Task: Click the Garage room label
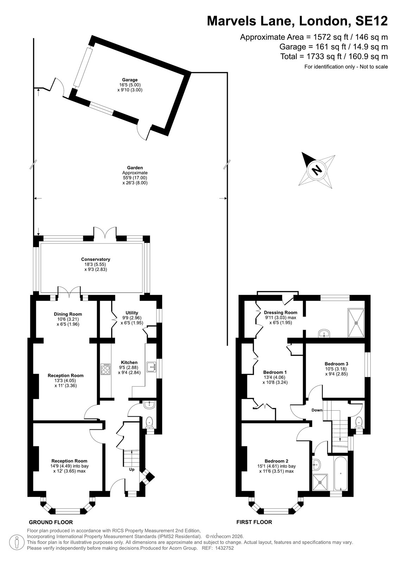point(130,80)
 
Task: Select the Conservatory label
point(95,259)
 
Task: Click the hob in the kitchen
point(105,369)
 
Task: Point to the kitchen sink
point(151,367)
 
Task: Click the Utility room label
point(132,313)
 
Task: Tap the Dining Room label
point(68,314)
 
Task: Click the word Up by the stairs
point(132,469)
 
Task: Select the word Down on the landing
point(317,410)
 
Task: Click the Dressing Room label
point(280,312)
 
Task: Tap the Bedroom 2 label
point(276,461)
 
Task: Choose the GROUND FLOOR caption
point(51,522)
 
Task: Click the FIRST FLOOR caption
point(254,522)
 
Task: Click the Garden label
point(135,167)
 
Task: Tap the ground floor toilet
point(149,423)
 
